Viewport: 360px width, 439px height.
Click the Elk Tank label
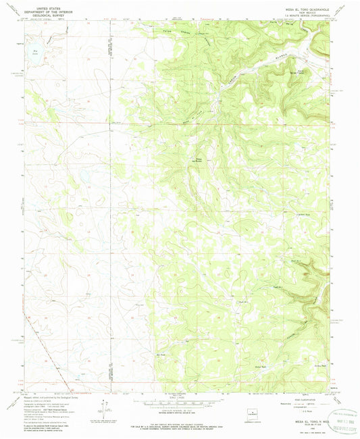(x=160, y=353)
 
